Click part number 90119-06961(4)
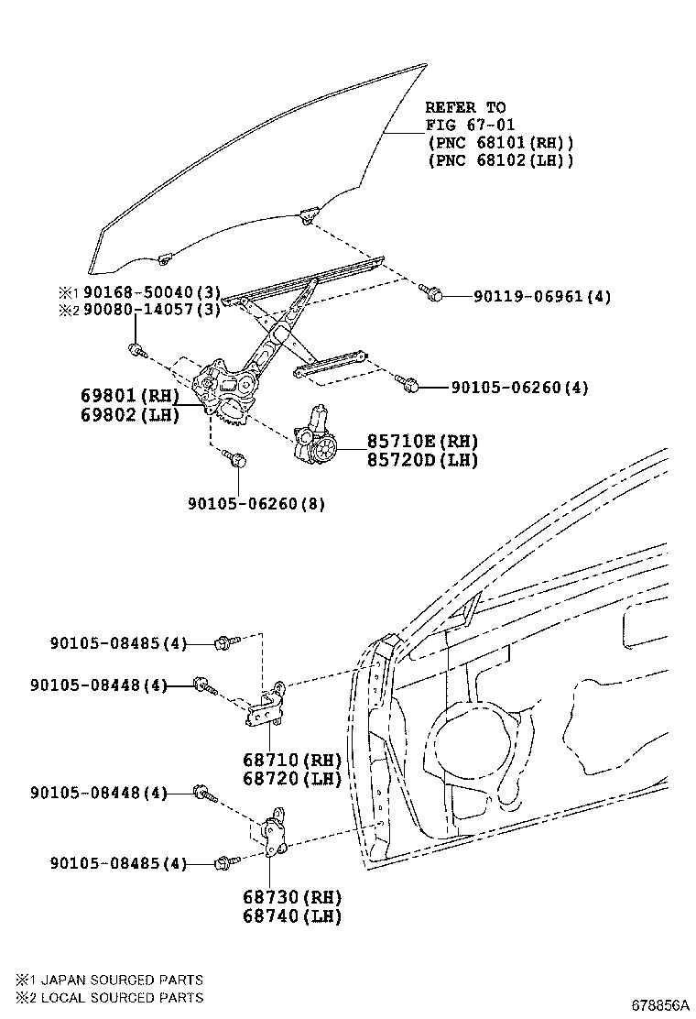tap(542, 297)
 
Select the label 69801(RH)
tap(130, 395)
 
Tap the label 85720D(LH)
tap(423, 460)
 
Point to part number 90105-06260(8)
tap(256, 503)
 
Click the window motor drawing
tap(316, 434)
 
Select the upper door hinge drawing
tap(266, 706)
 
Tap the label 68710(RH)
tap(292, 760)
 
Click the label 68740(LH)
tap(292, 915)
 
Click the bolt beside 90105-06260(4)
tap(405, 383)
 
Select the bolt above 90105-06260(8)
tap(234, 458)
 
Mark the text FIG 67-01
tap(470, 125)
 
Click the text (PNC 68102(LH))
tap(501, 159)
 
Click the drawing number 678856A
tap(660, 1004)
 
